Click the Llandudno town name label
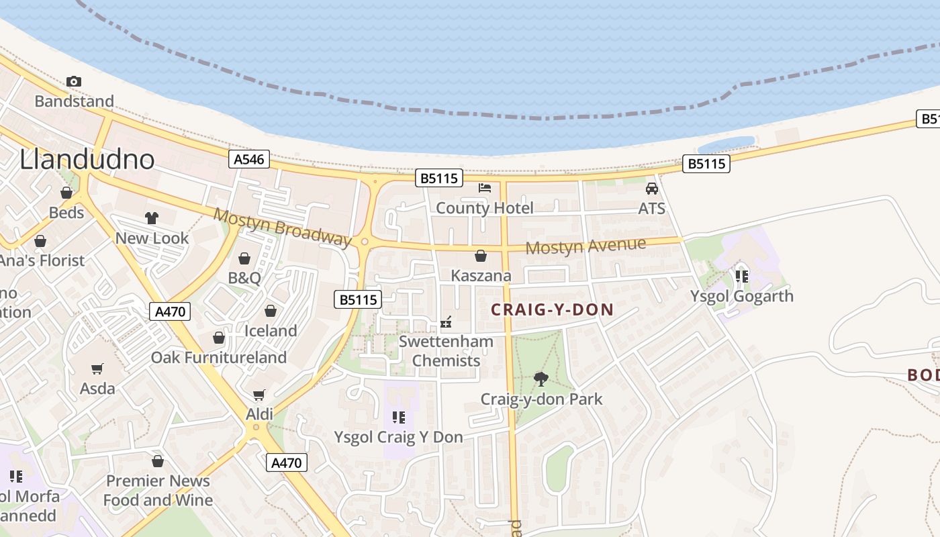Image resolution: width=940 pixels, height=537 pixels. pyautogui.click(x=87, y=159)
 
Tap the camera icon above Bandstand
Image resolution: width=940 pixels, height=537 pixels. pyautogui.click(x=74, y=82)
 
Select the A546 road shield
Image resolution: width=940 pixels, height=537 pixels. pyautogui.click(x=249, y=159)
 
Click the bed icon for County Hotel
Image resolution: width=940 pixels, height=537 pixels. pyautogui.click(x=485, y=188)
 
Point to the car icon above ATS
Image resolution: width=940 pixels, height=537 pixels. pyautogui.click(x=651, y=189)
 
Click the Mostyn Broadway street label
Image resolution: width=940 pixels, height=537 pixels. pyautogui.click(x=283, y=227)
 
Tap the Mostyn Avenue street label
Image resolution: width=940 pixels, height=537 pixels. pyautogui.click(x=585, y=246)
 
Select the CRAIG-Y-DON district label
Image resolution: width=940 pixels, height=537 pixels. pyautogui.click(x=553, y=309)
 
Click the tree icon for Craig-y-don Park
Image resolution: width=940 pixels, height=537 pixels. pyautogui.click(x=541, y=379)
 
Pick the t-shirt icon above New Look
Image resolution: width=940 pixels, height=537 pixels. pyautogui.click(x=152, y=218)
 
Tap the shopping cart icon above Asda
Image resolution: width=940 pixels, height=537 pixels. pyautogui.click(x=97, y=369)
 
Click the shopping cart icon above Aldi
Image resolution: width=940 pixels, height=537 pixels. pyautogui.click(x=259, y=395)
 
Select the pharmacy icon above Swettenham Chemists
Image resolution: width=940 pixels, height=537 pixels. pyautogui.click(x=446, y=323)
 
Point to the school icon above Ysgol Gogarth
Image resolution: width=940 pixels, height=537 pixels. pyautogui.click(x=742, y=276)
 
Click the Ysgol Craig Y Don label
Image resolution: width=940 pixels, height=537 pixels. pyautogui.click(x=399, y=437)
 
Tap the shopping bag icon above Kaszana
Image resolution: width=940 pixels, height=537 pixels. pyautogui.click(x=481, y=256)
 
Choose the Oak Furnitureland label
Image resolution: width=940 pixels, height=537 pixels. pyautogui.click(x=219, y=357)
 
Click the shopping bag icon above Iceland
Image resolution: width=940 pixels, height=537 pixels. pyautogui.click(x=271, y=311)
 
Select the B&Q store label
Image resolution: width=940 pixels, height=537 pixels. pyautogui.click(x=244, y=278)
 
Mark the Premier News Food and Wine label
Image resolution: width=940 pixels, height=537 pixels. pyautogui.click(x=158, y=491)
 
